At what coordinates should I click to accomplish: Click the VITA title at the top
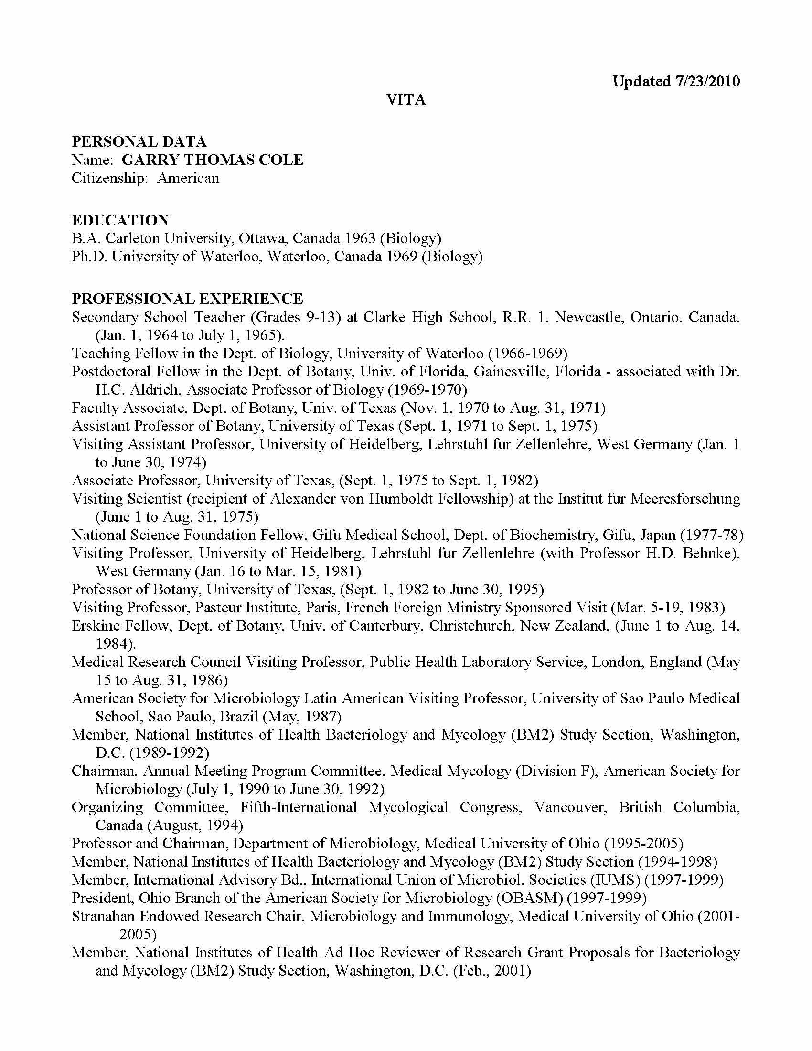tap(406, 100)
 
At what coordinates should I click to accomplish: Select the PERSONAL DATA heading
tap(139, 141)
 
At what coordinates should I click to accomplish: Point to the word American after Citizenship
tap(188, 178)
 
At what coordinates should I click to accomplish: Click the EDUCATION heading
tap(120, 220)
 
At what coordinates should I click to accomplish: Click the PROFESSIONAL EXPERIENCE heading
tap(188, 299)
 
